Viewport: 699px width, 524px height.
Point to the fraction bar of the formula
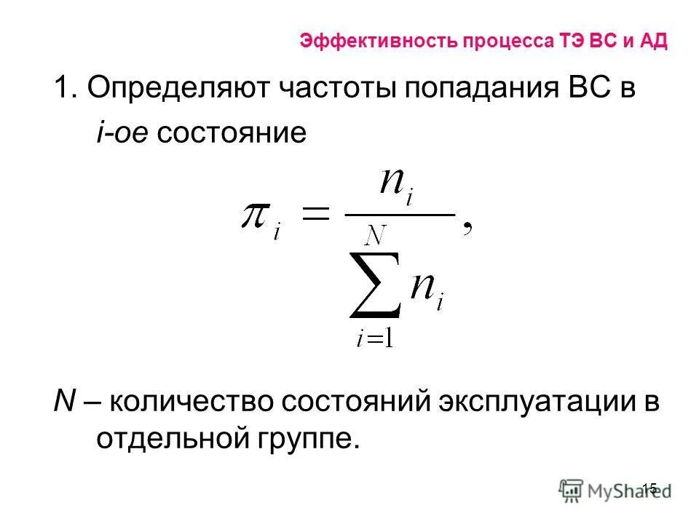[398, 214]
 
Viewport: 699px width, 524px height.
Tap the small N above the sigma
[376, 236]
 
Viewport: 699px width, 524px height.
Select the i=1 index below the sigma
[375, 338]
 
